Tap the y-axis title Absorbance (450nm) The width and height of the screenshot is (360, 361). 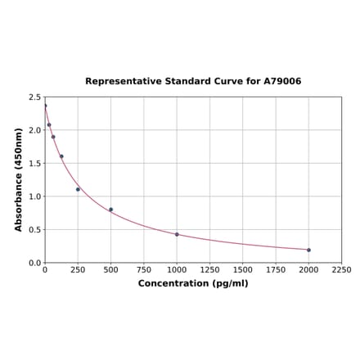(x=19, y=179)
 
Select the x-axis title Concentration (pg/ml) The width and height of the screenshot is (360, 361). (x=193, y=283)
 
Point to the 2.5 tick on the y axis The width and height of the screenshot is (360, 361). (x=35, y=97)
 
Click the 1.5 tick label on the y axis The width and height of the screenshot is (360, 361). (x=35, y=164)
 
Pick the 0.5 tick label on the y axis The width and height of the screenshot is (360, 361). (x=35, y=230)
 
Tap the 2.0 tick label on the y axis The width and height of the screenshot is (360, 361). (x=35, y=130)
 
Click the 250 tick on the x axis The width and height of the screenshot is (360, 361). (x=78, y=269)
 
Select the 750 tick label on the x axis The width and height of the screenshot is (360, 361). (x=143, y=269)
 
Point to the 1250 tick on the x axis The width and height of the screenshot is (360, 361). (x=209, y=269)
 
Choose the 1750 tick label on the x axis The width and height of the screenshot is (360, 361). (x=276, y=269)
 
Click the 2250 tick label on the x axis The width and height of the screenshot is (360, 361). (x=341, y=269)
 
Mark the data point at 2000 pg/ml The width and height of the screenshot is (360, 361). (x=308, y=250)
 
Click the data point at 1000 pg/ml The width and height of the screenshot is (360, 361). (x=177, y=234)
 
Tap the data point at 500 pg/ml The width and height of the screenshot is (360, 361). (x=110, y=210)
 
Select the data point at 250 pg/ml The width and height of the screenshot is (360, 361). (x=78, y=189)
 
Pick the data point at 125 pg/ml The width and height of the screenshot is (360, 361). (x=61, y=156)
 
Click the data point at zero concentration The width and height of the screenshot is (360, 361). (x=45, y=106)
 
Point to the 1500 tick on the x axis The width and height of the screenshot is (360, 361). (x=242, y=269)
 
